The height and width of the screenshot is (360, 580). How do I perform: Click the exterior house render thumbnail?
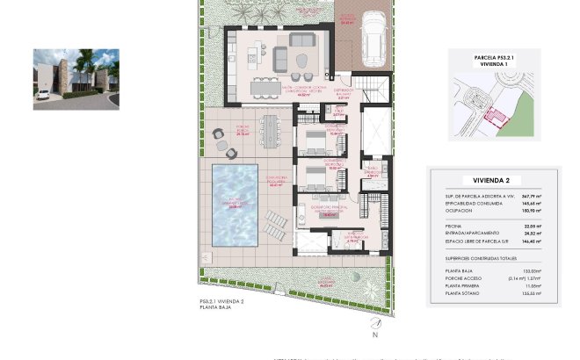[76, 79]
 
